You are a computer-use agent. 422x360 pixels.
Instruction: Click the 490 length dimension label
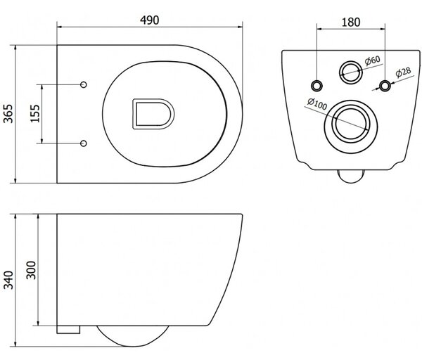point(150,20)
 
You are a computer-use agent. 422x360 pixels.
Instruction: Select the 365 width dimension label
point(8,114)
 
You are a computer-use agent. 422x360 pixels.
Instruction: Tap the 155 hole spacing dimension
point(35,113)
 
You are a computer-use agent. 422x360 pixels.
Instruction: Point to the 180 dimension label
point(351,22)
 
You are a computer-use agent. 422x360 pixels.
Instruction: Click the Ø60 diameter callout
point(373,60)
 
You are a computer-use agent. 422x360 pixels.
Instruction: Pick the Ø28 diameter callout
point(403,72)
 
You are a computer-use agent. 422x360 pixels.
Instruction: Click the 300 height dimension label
point(31,270)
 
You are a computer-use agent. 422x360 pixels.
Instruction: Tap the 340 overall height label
point(8,280)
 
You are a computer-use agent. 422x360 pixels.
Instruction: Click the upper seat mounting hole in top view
point(84,85)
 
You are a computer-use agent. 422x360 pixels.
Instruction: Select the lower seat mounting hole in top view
point(84,143)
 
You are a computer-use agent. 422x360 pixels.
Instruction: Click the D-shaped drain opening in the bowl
point(153,114)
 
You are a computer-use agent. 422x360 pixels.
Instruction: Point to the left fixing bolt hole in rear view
point(316,86)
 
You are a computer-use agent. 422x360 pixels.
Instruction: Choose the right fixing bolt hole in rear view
point(385,86)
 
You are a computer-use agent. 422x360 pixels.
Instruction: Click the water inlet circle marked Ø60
point(350,72)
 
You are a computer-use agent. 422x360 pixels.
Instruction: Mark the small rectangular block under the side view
point(68,330)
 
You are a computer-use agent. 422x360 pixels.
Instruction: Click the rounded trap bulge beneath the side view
point(132,336)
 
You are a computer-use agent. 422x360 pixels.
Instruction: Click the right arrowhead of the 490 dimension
point(240,27)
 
